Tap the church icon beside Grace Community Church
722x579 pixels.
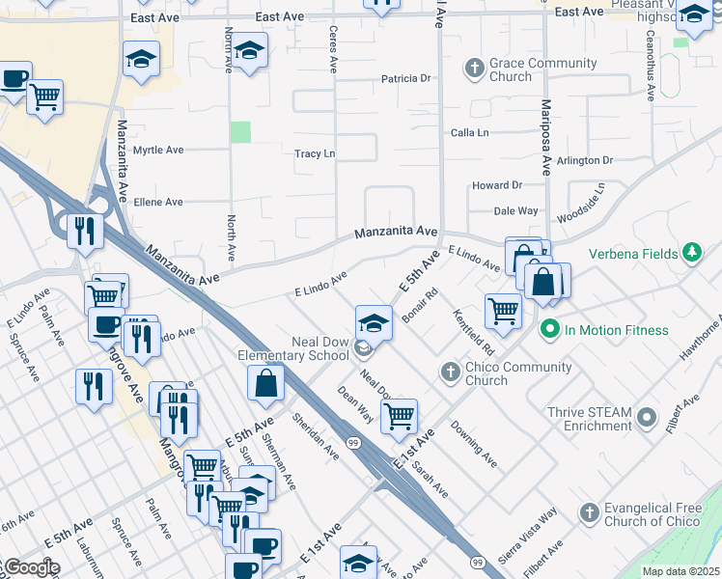click(474, 68)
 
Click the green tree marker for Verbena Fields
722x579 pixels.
click(691, 254)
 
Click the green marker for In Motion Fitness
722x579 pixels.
click(550, 330)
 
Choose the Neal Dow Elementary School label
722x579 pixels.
click(293, 348)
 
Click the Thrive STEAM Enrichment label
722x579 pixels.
click(590, 419)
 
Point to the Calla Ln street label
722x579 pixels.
click(470, 132)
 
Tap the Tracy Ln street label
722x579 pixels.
click(315, 153)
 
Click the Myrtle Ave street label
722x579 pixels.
click(158, 151)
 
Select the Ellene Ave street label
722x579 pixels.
click(158, 202)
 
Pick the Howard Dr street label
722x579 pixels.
click(496, 185)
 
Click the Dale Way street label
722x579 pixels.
click(515, 210)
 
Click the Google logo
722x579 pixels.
click(31, 567)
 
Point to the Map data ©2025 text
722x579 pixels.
click(680, 571)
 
